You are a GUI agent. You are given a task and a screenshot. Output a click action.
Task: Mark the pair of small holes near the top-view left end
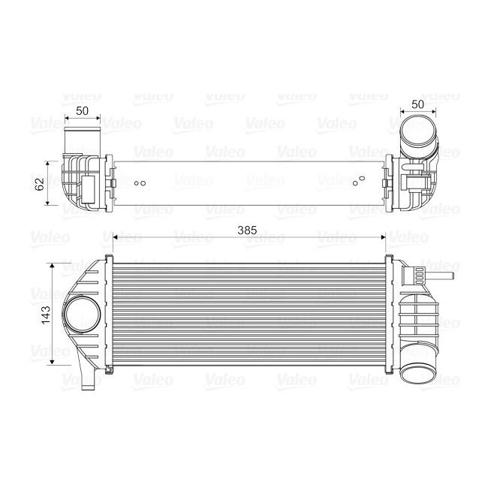coord(138,182)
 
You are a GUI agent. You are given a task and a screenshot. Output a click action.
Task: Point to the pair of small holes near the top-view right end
coord(358,180)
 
